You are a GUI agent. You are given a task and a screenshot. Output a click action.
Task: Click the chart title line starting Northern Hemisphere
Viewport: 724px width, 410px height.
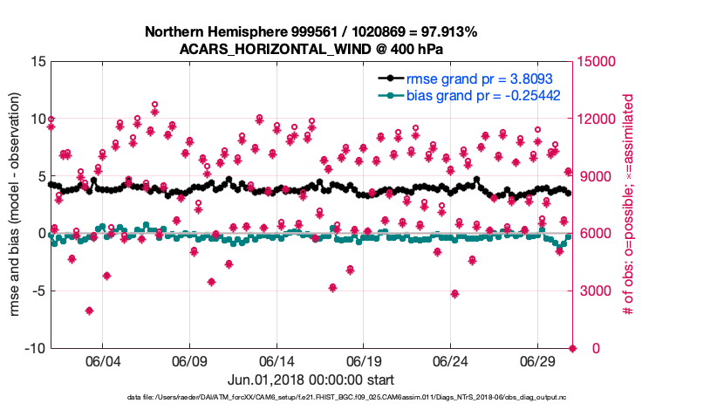tap(311, 32)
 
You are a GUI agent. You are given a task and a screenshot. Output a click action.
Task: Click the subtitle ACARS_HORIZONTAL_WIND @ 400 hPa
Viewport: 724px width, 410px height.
tap(311, 49)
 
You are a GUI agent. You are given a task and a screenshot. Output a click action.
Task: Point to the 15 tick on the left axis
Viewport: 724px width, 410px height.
tap(38, 62)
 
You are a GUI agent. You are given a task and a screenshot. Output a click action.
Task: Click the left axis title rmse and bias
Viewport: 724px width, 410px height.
tap(15, 205)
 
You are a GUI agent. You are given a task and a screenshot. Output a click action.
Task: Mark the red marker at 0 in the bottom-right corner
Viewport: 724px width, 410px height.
tap(573, 349)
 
